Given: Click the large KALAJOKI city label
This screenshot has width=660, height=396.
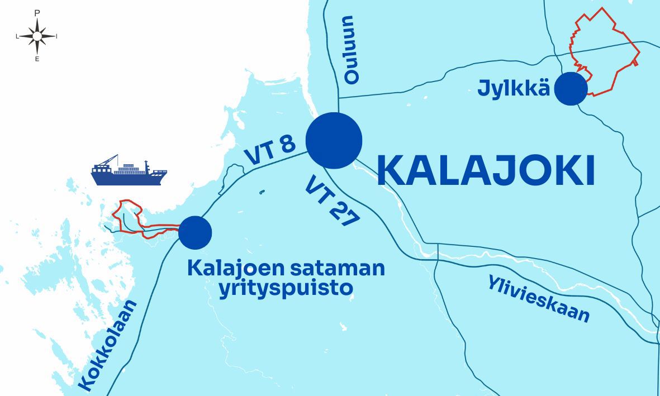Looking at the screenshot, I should pyautogui.click(x=485, y=170).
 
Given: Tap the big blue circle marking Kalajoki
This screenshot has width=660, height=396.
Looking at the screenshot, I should pyautogui.click(x=334, y=140).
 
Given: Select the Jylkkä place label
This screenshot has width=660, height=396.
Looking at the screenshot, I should pyautogui.click(x=514, y=89).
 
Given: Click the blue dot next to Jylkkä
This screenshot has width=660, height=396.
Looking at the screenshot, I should pyautogui.click(x=571, y=89).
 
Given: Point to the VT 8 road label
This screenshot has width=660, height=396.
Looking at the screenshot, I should pyautogui.click(x=270, y=150).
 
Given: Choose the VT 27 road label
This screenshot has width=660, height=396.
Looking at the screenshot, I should pyautogui.click(x=331, y=201).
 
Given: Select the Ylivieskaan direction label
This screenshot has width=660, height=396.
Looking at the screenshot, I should pyautogui.click(x=538, y=299).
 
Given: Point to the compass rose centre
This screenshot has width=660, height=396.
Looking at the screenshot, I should pyautogui.click(x=37, y=36).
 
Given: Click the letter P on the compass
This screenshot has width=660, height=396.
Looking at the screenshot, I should pyautogui.click(x=37, y=12).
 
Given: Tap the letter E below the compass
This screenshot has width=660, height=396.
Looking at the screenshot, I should pyautogui.click(x=37, y=59).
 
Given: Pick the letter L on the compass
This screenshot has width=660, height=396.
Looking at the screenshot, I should pyautogui.click(x=17, y=36).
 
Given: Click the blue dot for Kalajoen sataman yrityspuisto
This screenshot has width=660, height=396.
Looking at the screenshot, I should pyautogui.click(x=194, y=232).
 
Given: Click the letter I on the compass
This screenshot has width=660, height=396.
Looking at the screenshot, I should pyautogui.click(x=56, y=36).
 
